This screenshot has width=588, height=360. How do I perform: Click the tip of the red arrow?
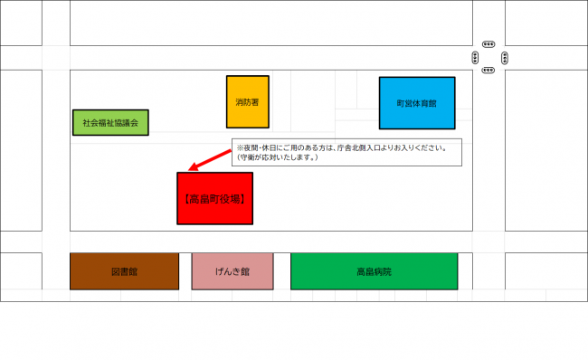pyautogui.click(x=190, y=169)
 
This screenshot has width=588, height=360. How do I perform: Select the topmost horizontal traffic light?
pyautogui.click(x=488, y=43)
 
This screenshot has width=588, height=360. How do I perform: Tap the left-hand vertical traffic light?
pyautogui.click(x=475, y=58)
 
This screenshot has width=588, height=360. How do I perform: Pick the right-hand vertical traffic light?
pyautogui.click(x=504, y=58)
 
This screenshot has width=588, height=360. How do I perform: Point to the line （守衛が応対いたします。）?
pyautogui.click(x=276, y=157)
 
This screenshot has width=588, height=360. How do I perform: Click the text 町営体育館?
pyautogui.click(x=416, y=103)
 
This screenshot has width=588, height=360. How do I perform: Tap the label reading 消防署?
pyautogui.click(x=247, y=101)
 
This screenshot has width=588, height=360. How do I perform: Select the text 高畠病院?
pyautogui.click(x=374, y=271)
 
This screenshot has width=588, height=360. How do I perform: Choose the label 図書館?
pyautogui.click(x=124, y=271)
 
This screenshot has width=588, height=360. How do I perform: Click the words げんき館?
pyautogui.click(x=232, y=271)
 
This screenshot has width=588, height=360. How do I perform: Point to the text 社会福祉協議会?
pyautogui.click(x=109, y=122)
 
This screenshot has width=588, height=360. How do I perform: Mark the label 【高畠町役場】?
pyautogui.click(x=214, y=197)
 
